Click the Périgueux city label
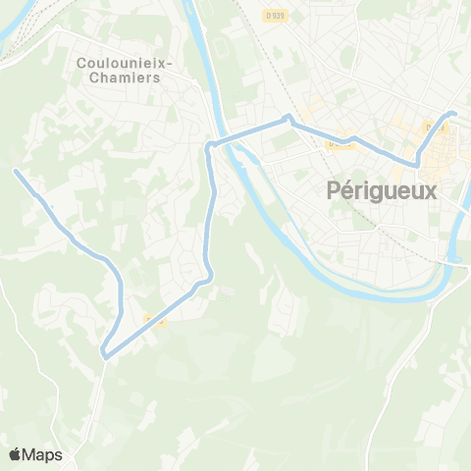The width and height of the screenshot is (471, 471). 379,191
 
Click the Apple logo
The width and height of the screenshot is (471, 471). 16,454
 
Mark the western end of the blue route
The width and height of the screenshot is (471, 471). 16,171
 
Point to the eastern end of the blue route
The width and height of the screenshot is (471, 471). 454,115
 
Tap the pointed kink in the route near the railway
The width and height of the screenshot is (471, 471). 287,118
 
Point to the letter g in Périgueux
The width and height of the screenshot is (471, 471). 374,194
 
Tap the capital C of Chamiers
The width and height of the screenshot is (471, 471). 92,79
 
